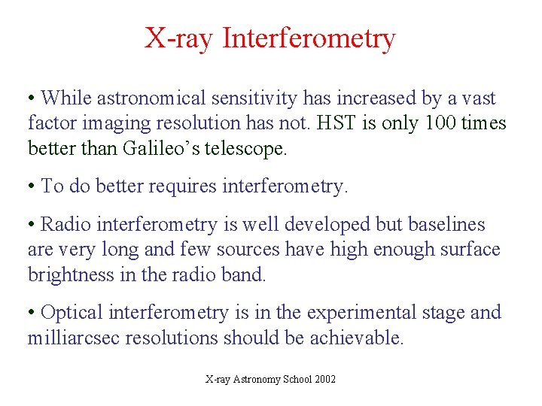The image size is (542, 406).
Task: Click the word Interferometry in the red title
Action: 309,38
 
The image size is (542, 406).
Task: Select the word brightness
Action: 71,275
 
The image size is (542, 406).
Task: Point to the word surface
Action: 471,250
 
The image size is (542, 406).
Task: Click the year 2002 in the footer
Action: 325,380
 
